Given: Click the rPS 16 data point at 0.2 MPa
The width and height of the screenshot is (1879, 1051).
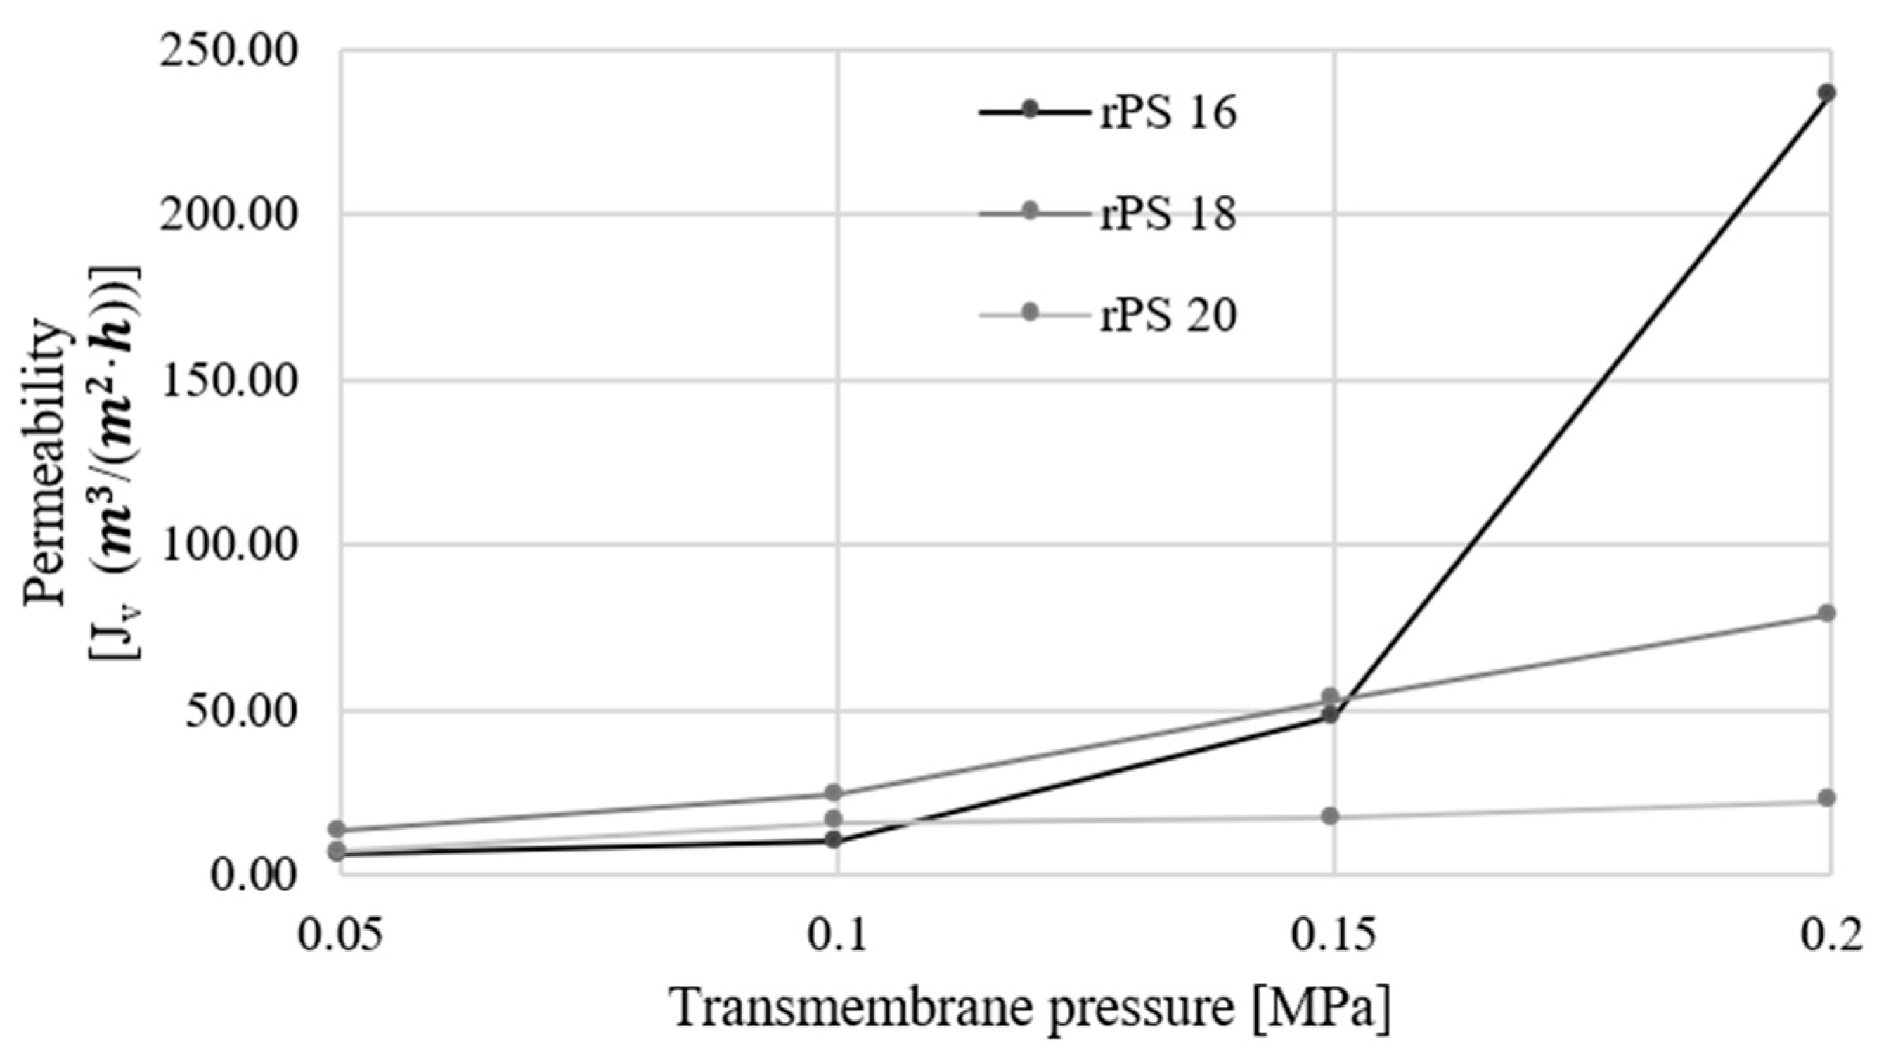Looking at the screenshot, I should click(x=1826, y=94).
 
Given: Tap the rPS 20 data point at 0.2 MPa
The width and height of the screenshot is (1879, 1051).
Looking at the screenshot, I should click(x=1826, y=798).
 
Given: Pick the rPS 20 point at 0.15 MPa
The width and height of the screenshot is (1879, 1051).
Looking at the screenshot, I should click(x=1331, y=816).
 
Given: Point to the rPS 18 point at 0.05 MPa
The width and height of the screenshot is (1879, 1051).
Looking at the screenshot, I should click(x=337, y=829).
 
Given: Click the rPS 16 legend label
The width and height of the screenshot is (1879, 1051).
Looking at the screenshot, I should click(x=1168, y=114).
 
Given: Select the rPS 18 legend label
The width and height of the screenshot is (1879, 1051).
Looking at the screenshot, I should click(x=1168, y=215).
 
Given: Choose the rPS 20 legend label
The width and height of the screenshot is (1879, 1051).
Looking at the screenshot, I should click(x=1168, y=316).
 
